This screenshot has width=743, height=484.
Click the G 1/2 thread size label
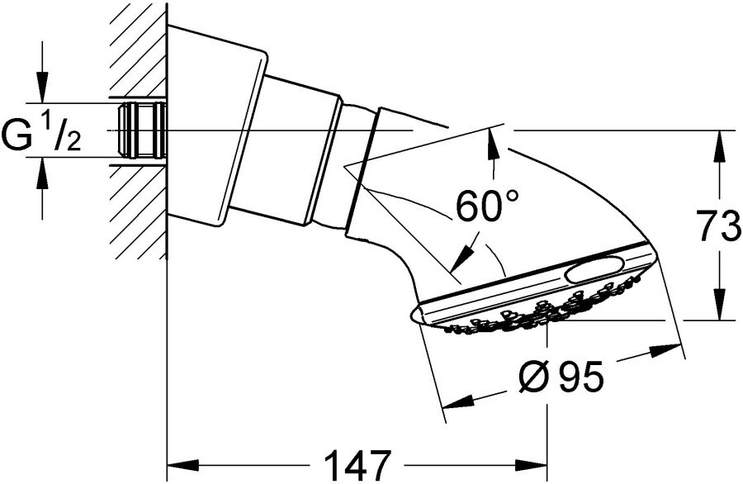[x=41, y=134]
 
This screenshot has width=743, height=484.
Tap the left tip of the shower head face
[x=411, y=315]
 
